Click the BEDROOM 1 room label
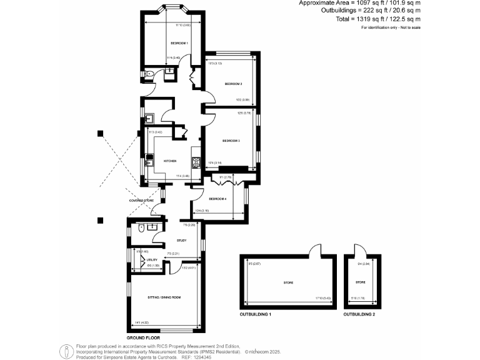click(x=179, y=42)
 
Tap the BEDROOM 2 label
click(x=233, y=83)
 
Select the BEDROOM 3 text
click(x=231, y=141)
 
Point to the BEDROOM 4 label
click(x=217, y=199)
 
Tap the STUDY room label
click(x=181, y=239)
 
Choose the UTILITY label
click(x=152, y=259)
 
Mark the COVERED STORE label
click(x=142, y=201)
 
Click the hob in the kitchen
click(x=196, y=163)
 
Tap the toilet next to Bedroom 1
click(x=147, y=74)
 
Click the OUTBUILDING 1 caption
click(x=257, y=314)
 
